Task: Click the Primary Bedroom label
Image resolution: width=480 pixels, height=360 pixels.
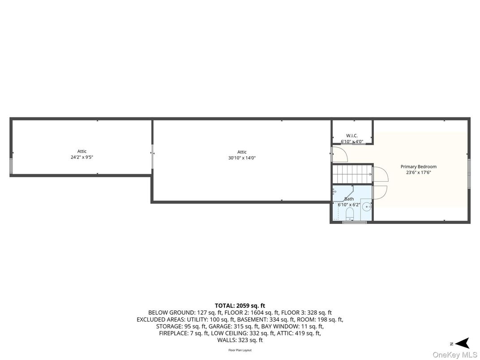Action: (x=419, y=167)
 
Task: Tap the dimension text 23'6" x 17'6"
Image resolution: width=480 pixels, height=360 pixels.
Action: (x=419, y=172)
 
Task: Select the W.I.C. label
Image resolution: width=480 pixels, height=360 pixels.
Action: (x=352, y=136)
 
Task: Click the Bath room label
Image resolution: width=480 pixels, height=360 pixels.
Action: (x=349, y=199)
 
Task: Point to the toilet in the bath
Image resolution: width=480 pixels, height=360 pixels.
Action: (x=349, y=214)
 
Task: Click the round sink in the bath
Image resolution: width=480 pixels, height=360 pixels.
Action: (x=366, y=207)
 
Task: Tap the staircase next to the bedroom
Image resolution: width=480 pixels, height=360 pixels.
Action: (x=352, y=174)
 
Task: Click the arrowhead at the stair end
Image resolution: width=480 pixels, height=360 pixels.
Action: (x=370, y=174)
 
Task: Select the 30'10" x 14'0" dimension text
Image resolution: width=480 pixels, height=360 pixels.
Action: (x=242, y=158)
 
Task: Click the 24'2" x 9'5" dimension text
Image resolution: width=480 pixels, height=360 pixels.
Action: (x=82, y=157)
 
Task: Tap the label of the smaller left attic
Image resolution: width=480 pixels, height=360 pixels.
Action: (x=82, y=151)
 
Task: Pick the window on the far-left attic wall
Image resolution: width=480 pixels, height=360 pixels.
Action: (x=11, y=166)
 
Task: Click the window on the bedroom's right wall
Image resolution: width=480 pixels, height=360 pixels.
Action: (x=469, y=173)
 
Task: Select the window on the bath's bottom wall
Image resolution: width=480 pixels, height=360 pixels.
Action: (x=355, y=222)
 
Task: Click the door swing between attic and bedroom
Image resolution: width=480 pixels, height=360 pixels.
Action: (x=340, y=154)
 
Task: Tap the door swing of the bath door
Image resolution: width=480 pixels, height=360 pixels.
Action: (x=380, y=193)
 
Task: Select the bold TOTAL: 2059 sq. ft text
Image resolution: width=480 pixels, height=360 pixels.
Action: (x=240, y=305)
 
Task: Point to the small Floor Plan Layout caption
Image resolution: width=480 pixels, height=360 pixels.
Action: (x=240, y=350)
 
